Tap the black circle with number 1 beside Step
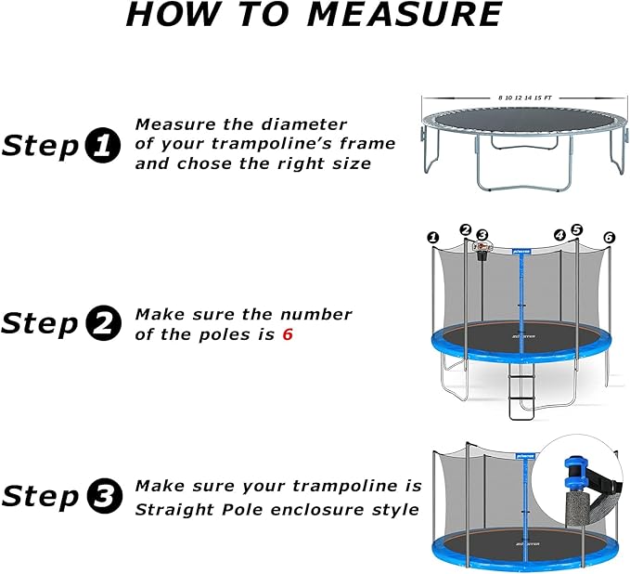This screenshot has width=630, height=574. pyautogui.click(x=102, y=145)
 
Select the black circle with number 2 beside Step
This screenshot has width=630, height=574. pyautogui.click(x=102, y=323)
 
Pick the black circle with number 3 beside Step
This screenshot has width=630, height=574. pyautogui.click(x=102, y=497)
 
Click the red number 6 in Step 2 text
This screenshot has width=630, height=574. pyautogui.click(x=288, y=334)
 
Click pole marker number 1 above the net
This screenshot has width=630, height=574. pyautogui.click(x=432, y=238)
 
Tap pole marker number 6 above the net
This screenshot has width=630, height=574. pyautogui.click(x=609, y=238)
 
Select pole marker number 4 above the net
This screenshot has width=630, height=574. pyautogui.click(x=559, y=235)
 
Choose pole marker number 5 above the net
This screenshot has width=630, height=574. pyautogui.click(x=576, y=229)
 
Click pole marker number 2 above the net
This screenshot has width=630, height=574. pyautogui.click(x=466, y=229)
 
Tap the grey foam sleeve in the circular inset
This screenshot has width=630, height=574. pyautogui.click(x=574, y=528)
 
